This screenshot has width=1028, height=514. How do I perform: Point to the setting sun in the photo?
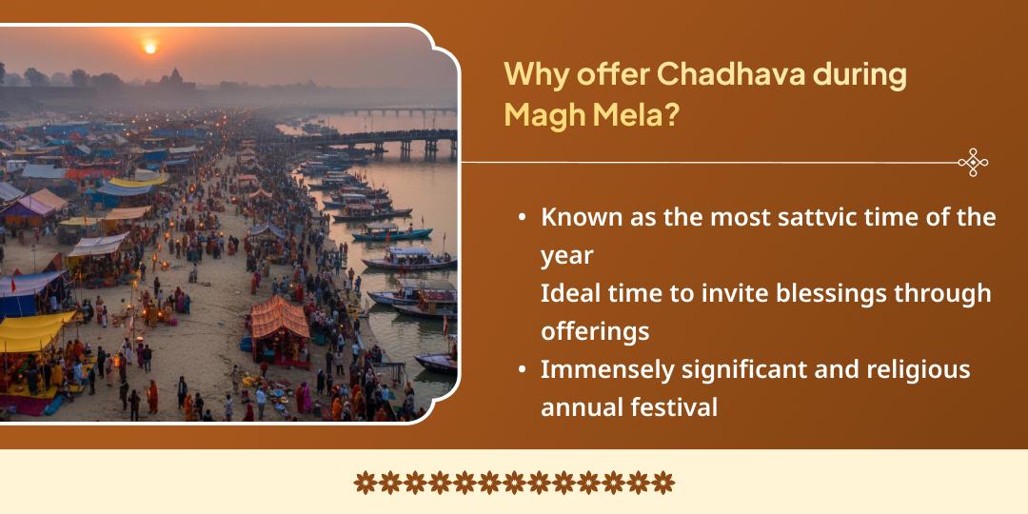point(148,46)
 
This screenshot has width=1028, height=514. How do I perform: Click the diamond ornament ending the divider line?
point(972,163)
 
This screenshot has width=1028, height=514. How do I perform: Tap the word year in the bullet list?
point(566,255)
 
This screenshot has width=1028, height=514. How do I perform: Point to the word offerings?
point(595,331)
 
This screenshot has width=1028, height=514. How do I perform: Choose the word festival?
point(674,407)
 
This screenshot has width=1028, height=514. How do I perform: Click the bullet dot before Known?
point(522,218)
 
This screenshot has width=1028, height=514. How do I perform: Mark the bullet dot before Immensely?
point(522,370)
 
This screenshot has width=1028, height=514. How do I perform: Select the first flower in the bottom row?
point(366,483)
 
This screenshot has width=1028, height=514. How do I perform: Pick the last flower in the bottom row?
point(662,483)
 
